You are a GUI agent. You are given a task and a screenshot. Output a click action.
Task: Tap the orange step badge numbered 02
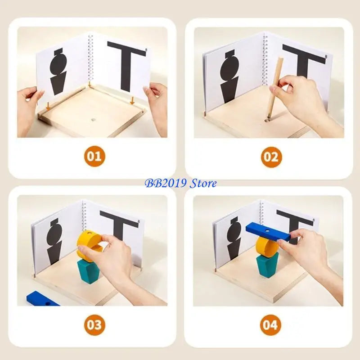coord(271,157)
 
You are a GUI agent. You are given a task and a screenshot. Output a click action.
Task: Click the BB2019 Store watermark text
coord(180,183)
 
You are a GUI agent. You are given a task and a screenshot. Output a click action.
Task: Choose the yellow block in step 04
coord(266,247)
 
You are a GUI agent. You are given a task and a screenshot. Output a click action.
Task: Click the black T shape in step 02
coord(302,63)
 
